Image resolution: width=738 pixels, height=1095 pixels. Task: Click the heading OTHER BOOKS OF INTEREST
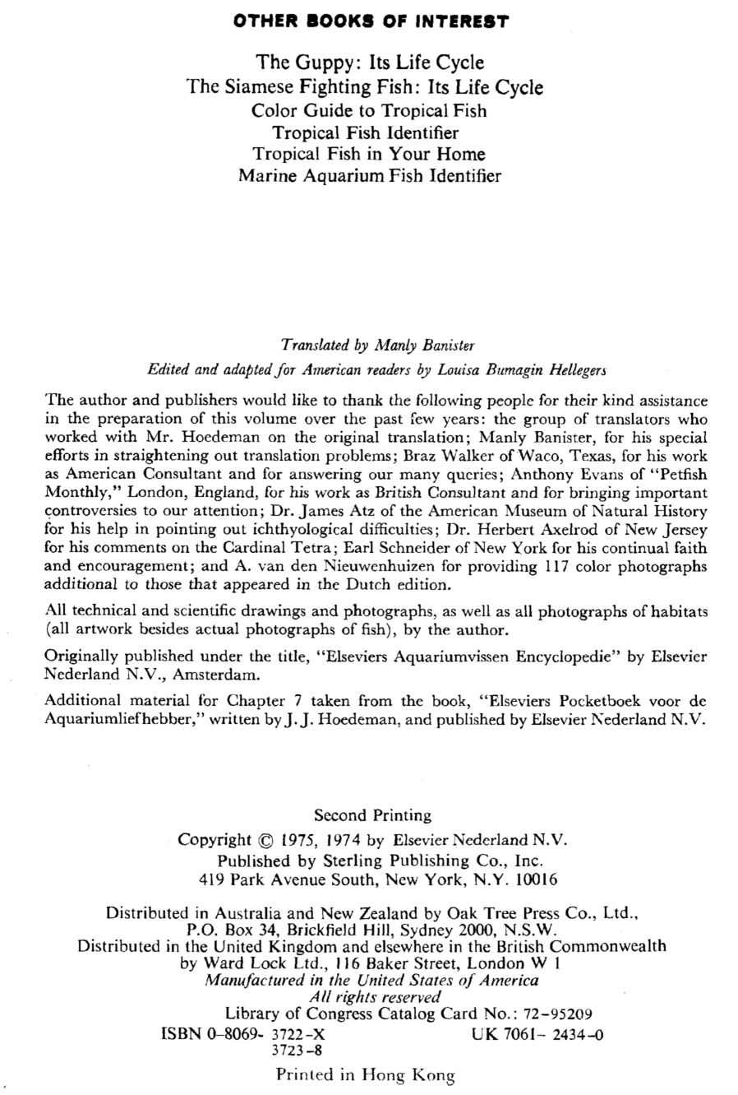point(371,21)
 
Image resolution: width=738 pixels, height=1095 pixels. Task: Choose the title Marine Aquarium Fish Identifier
point(369,175)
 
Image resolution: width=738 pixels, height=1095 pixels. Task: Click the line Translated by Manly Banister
point(377,344)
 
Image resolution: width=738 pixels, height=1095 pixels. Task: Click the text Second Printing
point(372,815)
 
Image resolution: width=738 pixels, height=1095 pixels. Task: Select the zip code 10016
point(535,879)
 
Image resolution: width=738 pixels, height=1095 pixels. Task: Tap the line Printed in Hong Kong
point(365,1074)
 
